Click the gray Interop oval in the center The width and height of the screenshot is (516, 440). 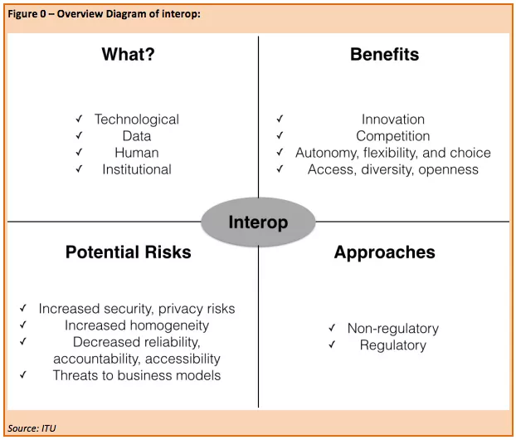(x=258, y=222)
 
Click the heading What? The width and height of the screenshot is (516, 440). (x=128, y=54)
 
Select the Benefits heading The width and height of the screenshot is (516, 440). (x=384, y=54)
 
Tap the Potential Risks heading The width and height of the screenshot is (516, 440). (x=129, y=252)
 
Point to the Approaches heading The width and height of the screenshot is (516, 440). (x=384, y=252)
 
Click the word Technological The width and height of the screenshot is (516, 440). (x=137, y=120)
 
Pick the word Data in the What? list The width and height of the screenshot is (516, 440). (x=137, y=136)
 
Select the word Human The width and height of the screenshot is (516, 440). (x=137, y=153)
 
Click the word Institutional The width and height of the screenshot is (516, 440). (x=137, y=169)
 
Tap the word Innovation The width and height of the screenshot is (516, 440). (x=393, y=120)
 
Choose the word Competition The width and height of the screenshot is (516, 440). (x=393, y=136)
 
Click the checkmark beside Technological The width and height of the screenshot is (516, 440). (x=79, y=119)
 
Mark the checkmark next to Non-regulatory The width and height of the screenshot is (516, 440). (x=332, y=328)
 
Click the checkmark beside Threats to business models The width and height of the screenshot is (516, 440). (x=22, y=374)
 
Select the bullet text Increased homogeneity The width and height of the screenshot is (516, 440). (x=137, y=325)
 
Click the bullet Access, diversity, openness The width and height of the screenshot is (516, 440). (x=393, y=169)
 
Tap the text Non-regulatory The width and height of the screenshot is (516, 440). (x=393, y=329)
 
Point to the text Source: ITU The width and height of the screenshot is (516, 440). (x=32, y=428)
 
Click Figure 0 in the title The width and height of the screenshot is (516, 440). (x=27, y=14)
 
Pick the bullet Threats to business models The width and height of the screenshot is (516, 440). (x=137, y=375)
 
